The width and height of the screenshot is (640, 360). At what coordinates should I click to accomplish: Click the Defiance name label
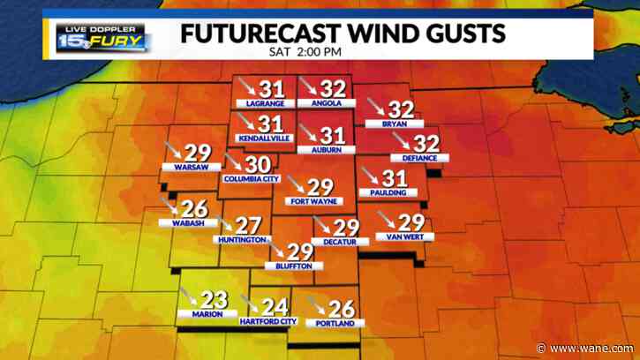[419, 158]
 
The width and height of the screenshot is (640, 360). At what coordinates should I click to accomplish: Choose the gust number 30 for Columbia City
[258, 164]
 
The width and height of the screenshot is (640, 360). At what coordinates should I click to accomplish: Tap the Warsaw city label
[192, 167]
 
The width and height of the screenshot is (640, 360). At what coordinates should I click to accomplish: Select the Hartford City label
[269, 321]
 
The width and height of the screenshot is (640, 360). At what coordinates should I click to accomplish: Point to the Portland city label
[335, 324]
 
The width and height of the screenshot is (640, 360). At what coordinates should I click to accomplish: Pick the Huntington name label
[239, 240]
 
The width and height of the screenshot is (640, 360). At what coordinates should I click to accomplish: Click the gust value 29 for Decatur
[346, 227]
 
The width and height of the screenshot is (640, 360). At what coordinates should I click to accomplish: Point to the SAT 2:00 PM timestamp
[305, 50]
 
